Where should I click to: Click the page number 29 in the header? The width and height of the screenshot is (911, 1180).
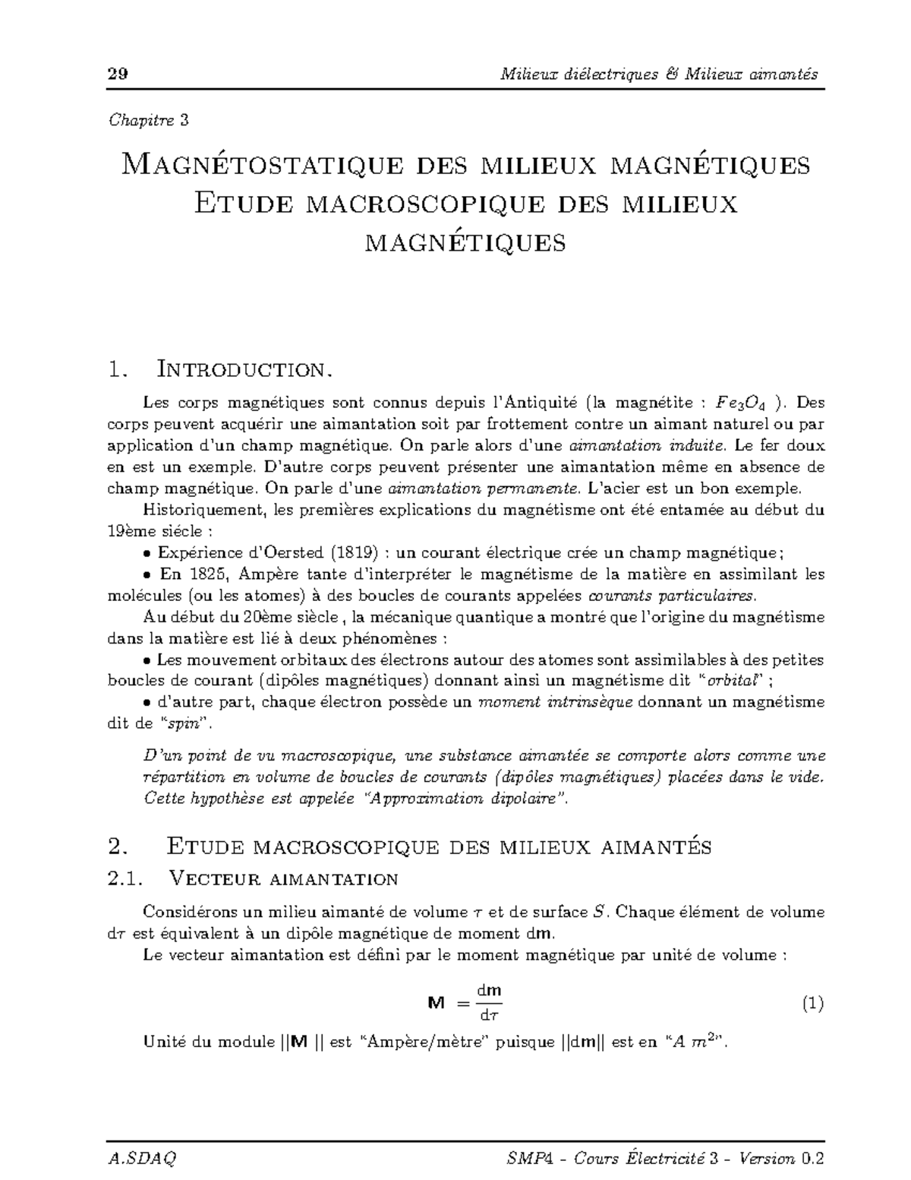[117, 74]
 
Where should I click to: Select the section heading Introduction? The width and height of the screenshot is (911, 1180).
[244, 370]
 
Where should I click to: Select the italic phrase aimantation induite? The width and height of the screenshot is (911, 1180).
[642, 444]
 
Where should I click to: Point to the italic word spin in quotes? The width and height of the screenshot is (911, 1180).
[184, 723]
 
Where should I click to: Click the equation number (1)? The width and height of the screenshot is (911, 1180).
[812, 1004]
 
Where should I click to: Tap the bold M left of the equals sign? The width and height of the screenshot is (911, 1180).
[436, 1004]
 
